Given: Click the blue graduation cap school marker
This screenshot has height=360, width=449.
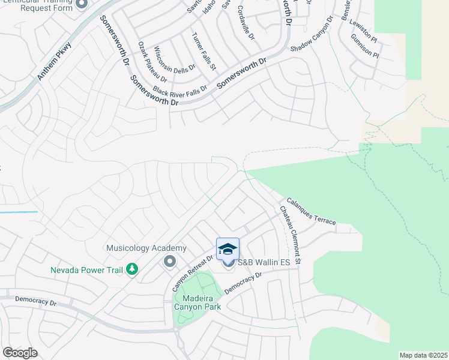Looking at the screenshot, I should (x=228, y=249).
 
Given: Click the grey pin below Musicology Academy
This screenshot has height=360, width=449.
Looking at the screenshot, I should (x=169, y=262).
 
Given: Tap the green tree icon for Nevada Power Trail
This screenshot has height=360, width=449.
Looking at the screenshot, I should (x=131, y=269).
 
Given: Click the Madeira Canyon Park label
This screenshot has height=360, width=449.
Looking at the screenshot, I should (x=197, y=301).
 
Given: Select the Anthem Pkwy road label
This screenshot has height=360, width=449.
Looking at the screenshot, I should (x=56, y=60).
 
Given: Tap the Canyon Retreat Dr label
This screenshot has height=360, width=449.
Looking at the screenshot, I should (x=193, y=274).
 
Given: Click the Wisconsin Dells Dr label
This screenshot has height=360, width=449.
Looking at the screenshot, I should (x=175, y=59).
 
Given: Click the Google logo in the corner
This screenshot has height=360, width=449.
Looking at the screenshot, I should (x=20, y=352).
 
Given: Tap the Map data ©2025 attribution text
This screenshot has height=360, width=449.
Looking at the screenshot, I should (x=423, y=355).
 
